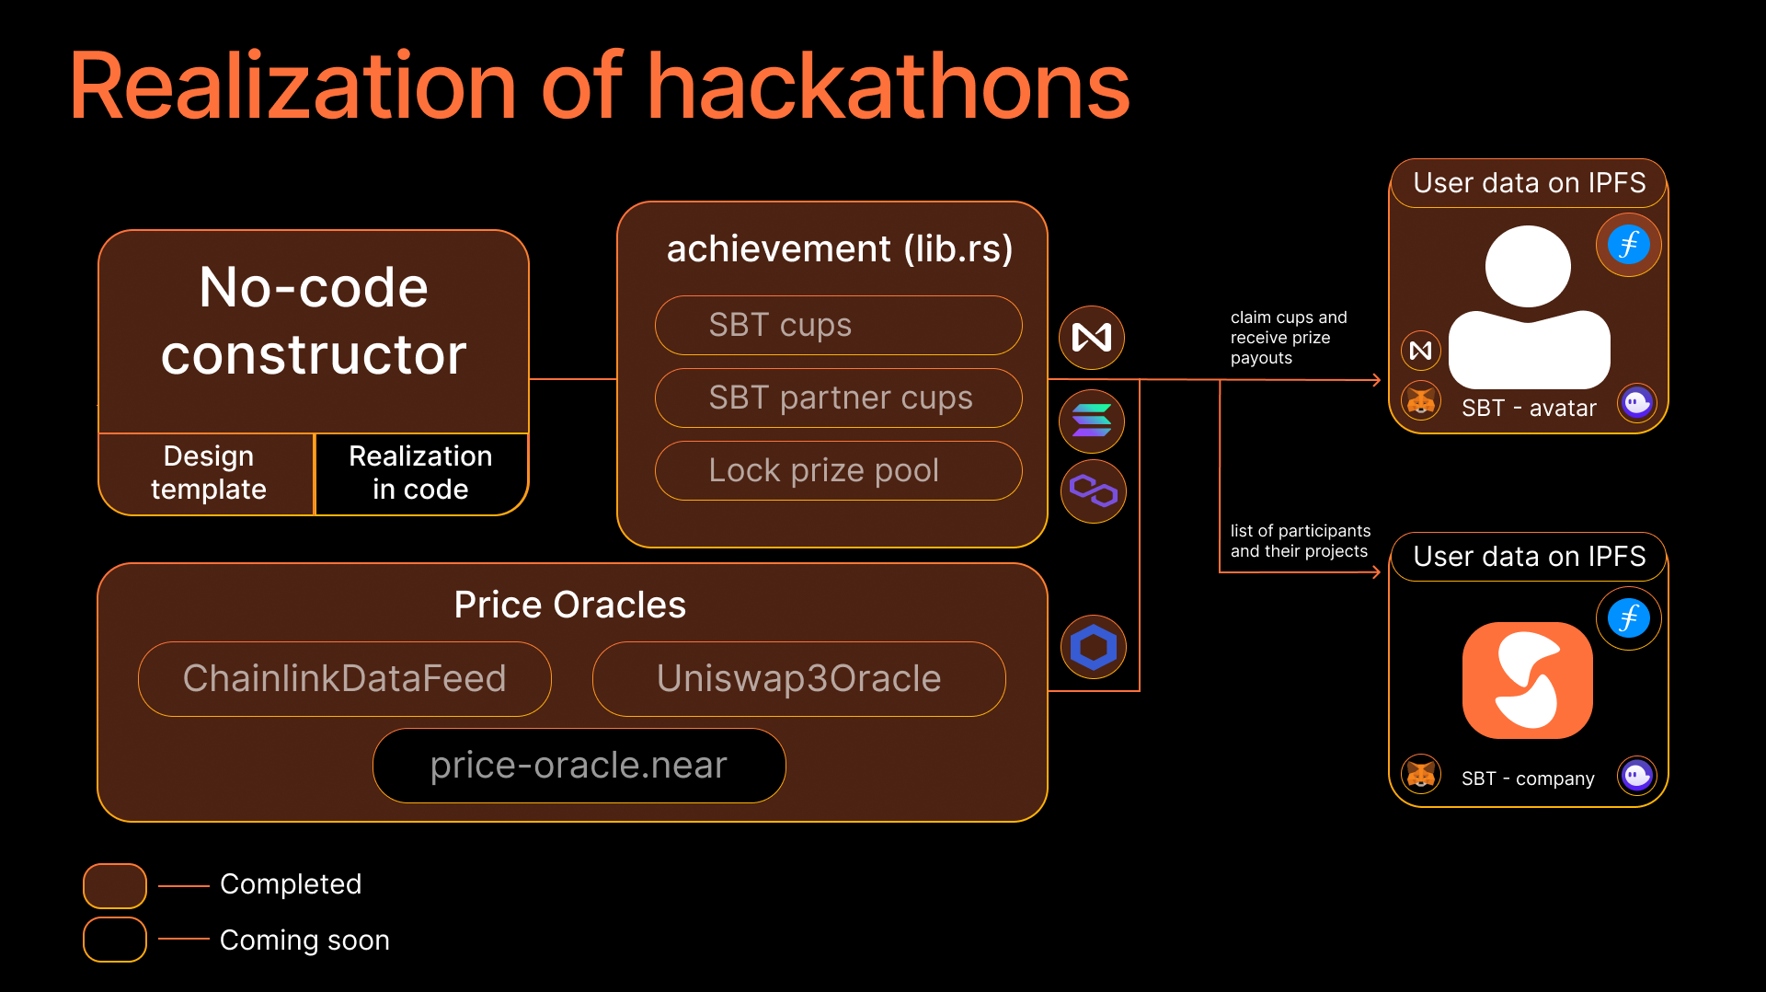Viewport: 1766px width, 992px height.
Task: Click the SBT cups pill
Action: pyautogui.click(x=838, y=325)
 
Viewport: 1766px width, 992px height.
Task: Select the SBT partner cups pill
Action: pyautogui.click(x=838, y=398)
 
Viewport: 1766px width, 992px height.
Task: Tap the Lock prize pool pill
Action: pyautogui.click(x=838, y=470)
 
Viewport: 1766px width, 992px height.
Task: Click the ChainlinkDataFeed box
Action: pyautogui.click(x=345, y=679)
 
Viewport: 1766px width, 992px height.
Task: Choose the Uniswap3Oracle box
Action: pyautogui.click(x=799, y=679)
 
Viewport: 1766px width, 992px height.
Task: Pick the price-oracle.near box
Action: pyautogui.click(x=579, y=766)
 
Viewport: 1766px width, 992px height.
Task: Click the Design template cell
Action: pyautogui.click(x=208, y=473)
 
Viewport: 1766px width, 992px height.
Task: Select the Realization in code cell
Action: pyautogui.click(x=421, y=473)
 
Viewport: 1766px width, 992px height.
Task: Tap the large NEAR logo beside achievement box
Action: pyautogui.click(x=1092, y=338)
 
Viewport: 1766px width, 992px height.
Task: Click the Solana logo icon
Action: pyautogui.click(x=1092, y=421)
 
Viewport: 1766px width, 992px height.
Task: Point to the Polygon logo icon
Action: pyautogui.click(x=1093, y=490)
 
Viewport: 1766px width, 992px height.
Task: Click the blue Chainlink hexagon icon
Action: pyautogui.click(x=1093, y=647)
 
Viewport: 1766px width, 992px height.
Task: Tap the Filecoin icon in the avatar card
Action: pyautogui.click(x=1628, y=245)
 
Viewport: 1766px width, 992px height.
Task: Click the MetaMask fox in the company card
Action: pyautogui.click(x=1421, y=774)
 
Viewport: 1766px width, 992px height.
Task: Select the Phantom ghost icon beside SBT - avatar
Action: pyautogui.click(x=1637, y=402)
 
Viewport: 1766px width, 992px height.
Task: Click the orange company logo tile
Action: pyautogui.click(x=1528, y=681)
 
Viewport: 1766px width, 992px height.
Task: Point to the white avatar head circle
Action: pyautogui.click(x=1528, y=267)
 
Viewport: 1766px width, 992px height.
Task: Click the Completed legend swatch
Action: pyautogui.click(x=115, y=885)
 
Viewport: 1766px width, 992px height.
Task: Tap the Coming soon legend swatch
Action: pyautogui.click(x=115, y=940)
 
